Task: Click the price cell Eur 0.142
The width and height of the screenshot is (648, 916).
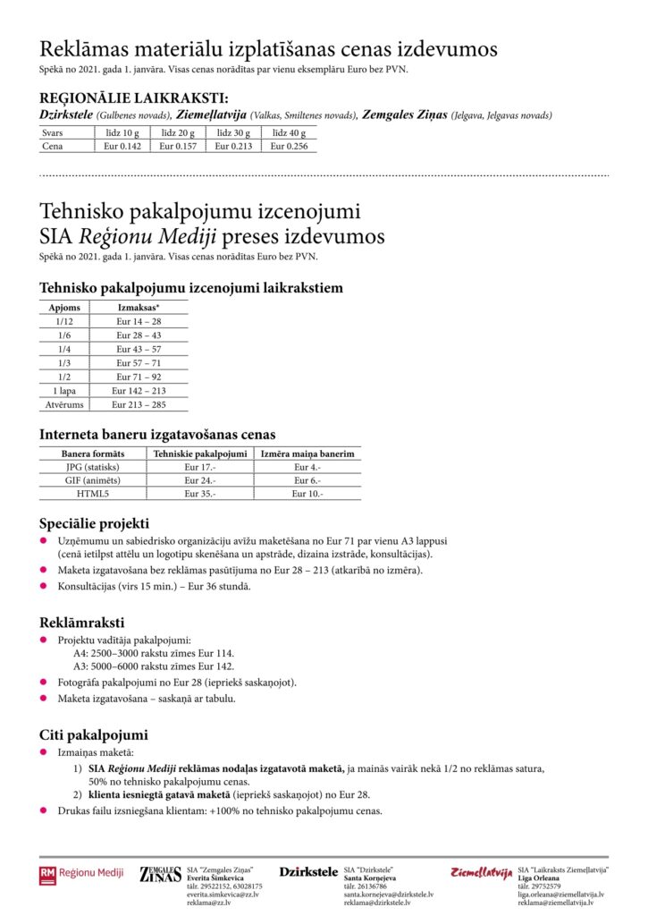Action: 122,146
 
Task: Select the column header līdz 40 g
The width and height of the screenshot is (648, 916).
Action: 289,132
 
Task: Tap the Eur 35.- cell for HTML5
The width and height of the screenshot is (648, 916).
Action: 200,493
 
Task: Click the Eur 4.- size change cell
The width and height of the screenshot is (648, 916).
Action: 307,467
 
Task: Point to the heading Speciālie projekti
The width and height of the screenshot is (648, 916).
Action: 94,523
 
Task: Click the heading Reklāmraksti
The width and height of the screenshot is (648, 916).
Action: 82,622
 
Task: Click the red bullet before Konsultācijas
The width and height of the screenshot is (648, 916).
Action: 44,587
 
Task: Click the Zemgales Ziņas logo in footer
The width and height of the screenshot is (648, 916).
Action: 160,875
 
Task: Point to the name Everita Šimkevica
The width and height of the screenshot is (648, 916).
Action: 215,878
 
